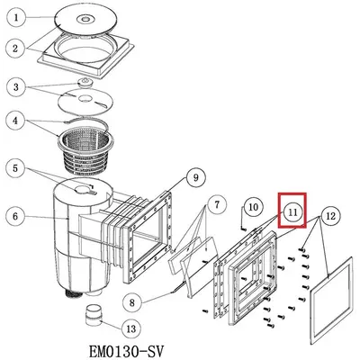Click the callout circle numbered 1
tap(16, 17)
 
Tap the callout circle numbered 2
tap(15, 48)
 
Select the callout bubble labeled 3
tap(16, 87)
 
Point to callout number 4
tap(16, 121)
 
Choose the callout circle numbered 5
tap(15, 168)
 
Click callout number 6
tap(15, 216)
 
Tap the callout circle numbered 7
tap(217, 205)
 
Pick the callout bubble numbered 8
tap(132, 302)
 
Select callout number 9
tap(195, 178)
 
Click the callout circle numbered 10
tap(254, 207)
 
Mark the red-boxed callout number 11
tap(292, 212)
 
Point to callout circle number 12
tap(330, 216)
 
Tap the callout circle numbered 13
tap(131, 329)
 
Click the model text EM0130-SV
tap(126, 351)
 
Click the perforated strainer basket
tap(84, 153)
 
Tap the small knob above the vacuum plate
tap(85, 82)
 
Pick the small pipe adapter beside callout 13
tap(94, 315)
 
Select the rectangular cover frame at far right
tap(330, 300)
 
